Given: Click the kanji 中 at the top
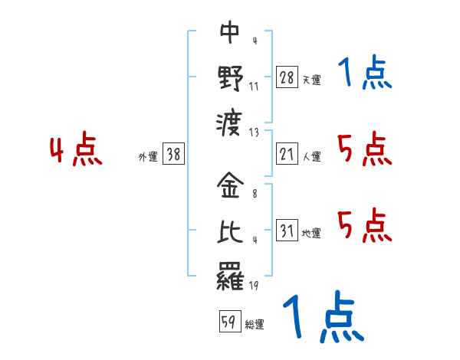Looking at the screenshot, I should click(x=230, y=33).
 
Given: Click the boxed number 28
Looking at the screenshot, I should click(x=287, y=77).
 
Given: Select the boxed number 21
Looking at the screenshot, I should click(x=287, y=155).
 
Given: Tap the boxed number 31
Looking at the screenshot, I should click(x=287, y=231).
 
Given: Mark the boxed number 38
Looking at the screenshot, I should click(x=173, y=154).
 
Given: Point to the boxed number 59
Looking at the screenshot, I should click(x=228, y=322).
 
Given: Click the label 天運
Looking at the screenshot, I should click(x=311, y=80).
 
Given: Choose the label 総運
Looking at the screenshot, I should click(x=255, y=325).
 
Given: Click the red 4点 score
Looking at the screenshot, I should click(x=77, y=150).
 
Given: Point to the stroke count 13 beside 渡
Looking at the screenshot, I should click(x=254, y=132).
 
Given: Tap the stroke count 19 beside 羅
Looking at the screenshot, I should click(x=254, y=286).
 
